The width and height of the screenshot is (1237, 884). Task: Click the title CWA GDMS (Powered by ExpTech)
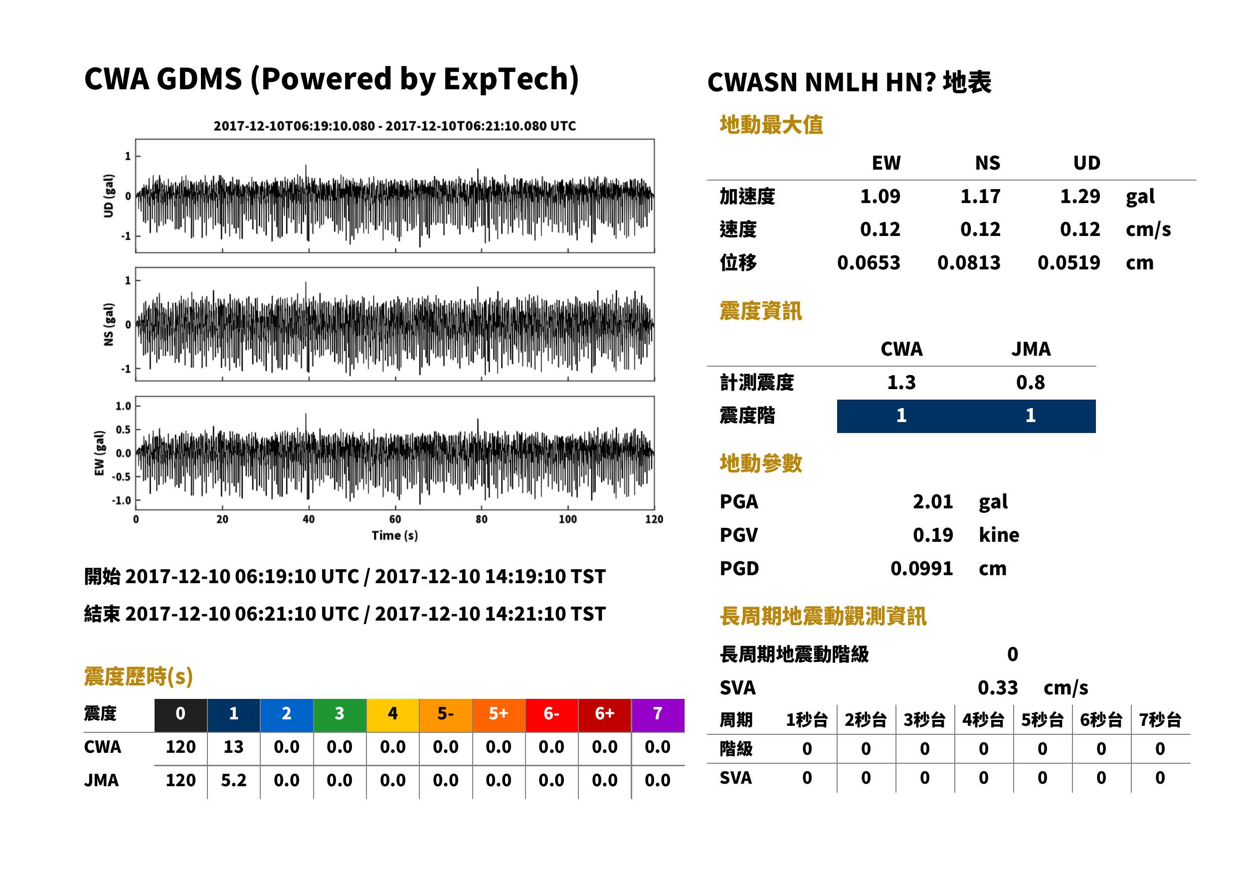click(331, 79)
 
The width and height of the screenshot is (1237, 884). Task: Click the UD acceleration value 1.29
click(1080, 196)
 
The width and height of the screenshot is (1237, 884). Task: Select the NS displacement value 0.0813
click(968, 263)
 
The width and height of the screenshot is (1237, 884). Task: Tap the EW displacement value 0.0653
click(868, 263)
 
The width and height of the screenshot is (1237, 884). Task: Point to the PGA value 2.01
click(932, 501)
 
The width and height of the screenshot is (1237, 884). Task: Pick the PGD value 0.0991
click(921, 568)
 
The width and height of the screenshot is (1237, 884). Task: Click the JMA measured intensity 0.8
click(1030, 382)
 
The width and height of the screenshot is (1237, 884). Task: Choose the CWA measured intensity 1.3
click(901, 382)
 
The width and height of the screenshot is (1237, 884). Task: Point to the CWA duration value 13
click(233, 747)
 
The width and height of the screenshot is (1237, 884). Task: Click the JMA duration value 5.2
click(233, 781)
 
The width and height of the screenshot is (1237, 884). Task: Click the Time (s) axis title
click(395, 536)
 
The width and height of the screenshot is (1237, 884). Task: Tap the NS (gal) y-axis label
click(109, 324)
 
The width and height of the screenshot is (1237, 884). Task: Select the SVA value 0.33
click(998, 687)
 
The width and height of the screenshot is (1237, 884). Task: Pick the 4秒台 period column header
click(983, 720)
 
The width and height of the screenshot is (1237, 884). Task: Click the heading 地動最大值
click(771, 125)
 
